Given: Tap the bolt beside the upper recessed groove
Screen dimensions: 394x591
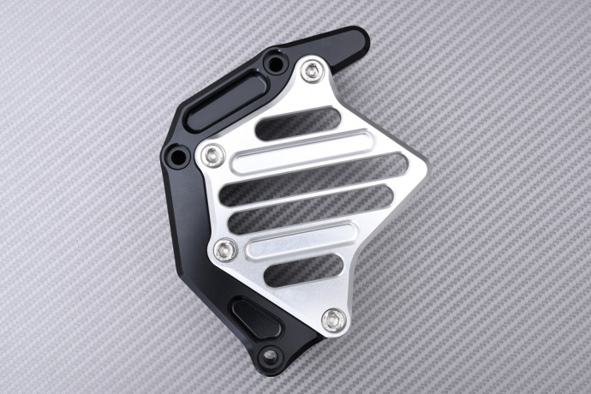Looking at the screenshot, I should [x=213, y=154].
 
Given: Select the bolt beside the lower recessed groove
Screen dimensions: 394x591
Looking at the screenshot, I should [x=226, y=250].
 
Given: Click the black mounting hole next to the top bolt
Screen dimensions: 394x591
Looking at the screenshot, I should [x=274, y=63].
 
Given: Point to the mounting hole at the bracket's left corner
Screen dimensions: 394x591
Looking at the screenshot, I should [x=179, y=157].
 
